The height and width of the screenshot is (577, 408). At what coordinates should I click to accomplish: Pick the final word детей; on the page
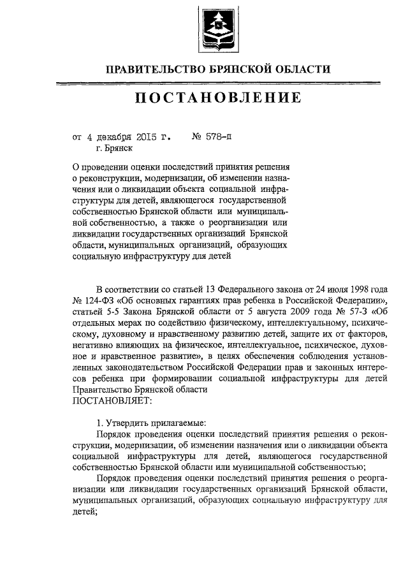tap(85, 513)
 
